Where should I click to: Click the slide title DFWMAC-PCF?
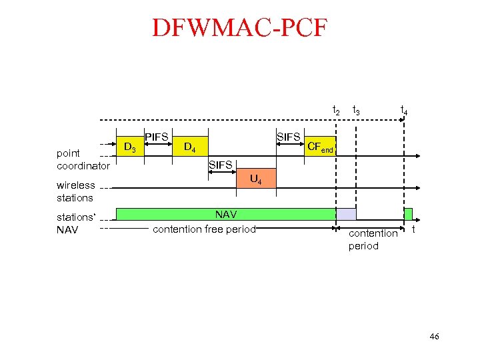240,28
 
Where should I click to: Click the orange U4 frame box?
255,179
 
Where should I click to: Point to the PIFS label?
157,137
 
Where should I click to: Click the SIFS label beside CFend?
289,137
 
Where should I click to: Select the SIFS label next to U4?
221,165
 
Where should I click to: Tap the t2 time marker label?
337,110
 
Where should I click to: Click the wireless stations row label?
75,191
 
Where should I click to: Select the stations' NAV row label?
76,223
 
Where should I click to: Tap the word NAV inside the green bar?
226,215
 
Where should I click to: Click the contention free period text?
204,229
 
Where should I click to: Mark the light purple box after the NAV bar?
346,214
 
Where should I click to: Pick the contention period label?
373,239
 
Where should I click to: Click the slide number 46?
434,337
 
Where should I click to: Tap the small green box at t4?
409,214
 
